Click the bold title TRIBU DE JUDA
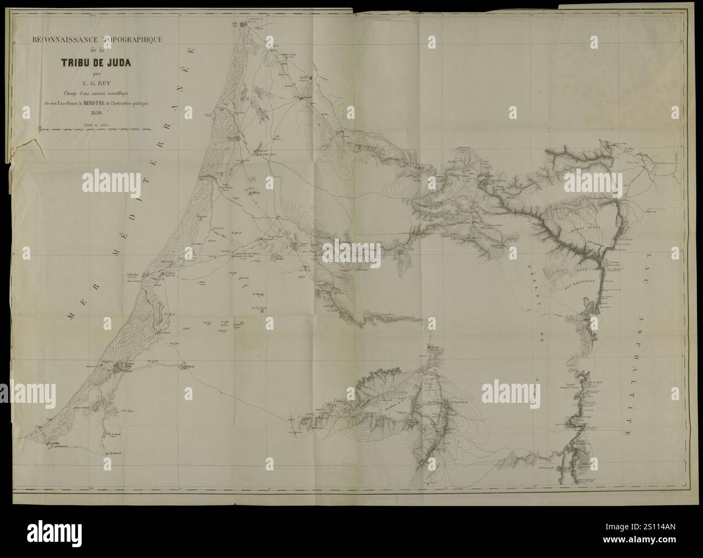pyautogui.click(x=101, y=61)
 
